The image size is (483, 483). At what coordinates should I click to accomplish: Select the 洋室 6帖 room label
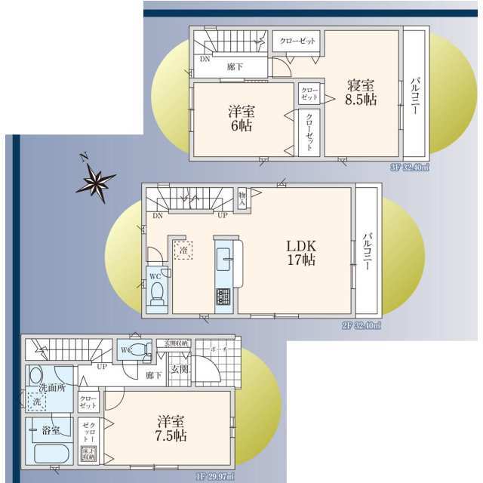click(241, 118)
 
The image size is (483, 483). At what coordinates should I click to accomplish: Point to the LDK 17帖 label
click(300, 253)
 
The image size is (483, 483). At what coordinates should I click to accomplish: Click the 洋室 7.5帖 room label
click(172, 428)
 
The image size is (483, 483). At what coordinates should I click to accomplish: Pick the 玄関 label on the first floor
click(179, 369)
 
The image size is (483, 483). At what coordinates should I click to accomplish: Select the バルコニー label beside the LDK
click(367, 252)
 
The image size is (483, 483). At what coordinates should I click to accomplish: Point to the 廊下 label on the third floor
click(235, 66)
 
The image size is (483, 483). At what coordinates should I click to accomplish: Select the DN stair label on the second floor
click(158, 216)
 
